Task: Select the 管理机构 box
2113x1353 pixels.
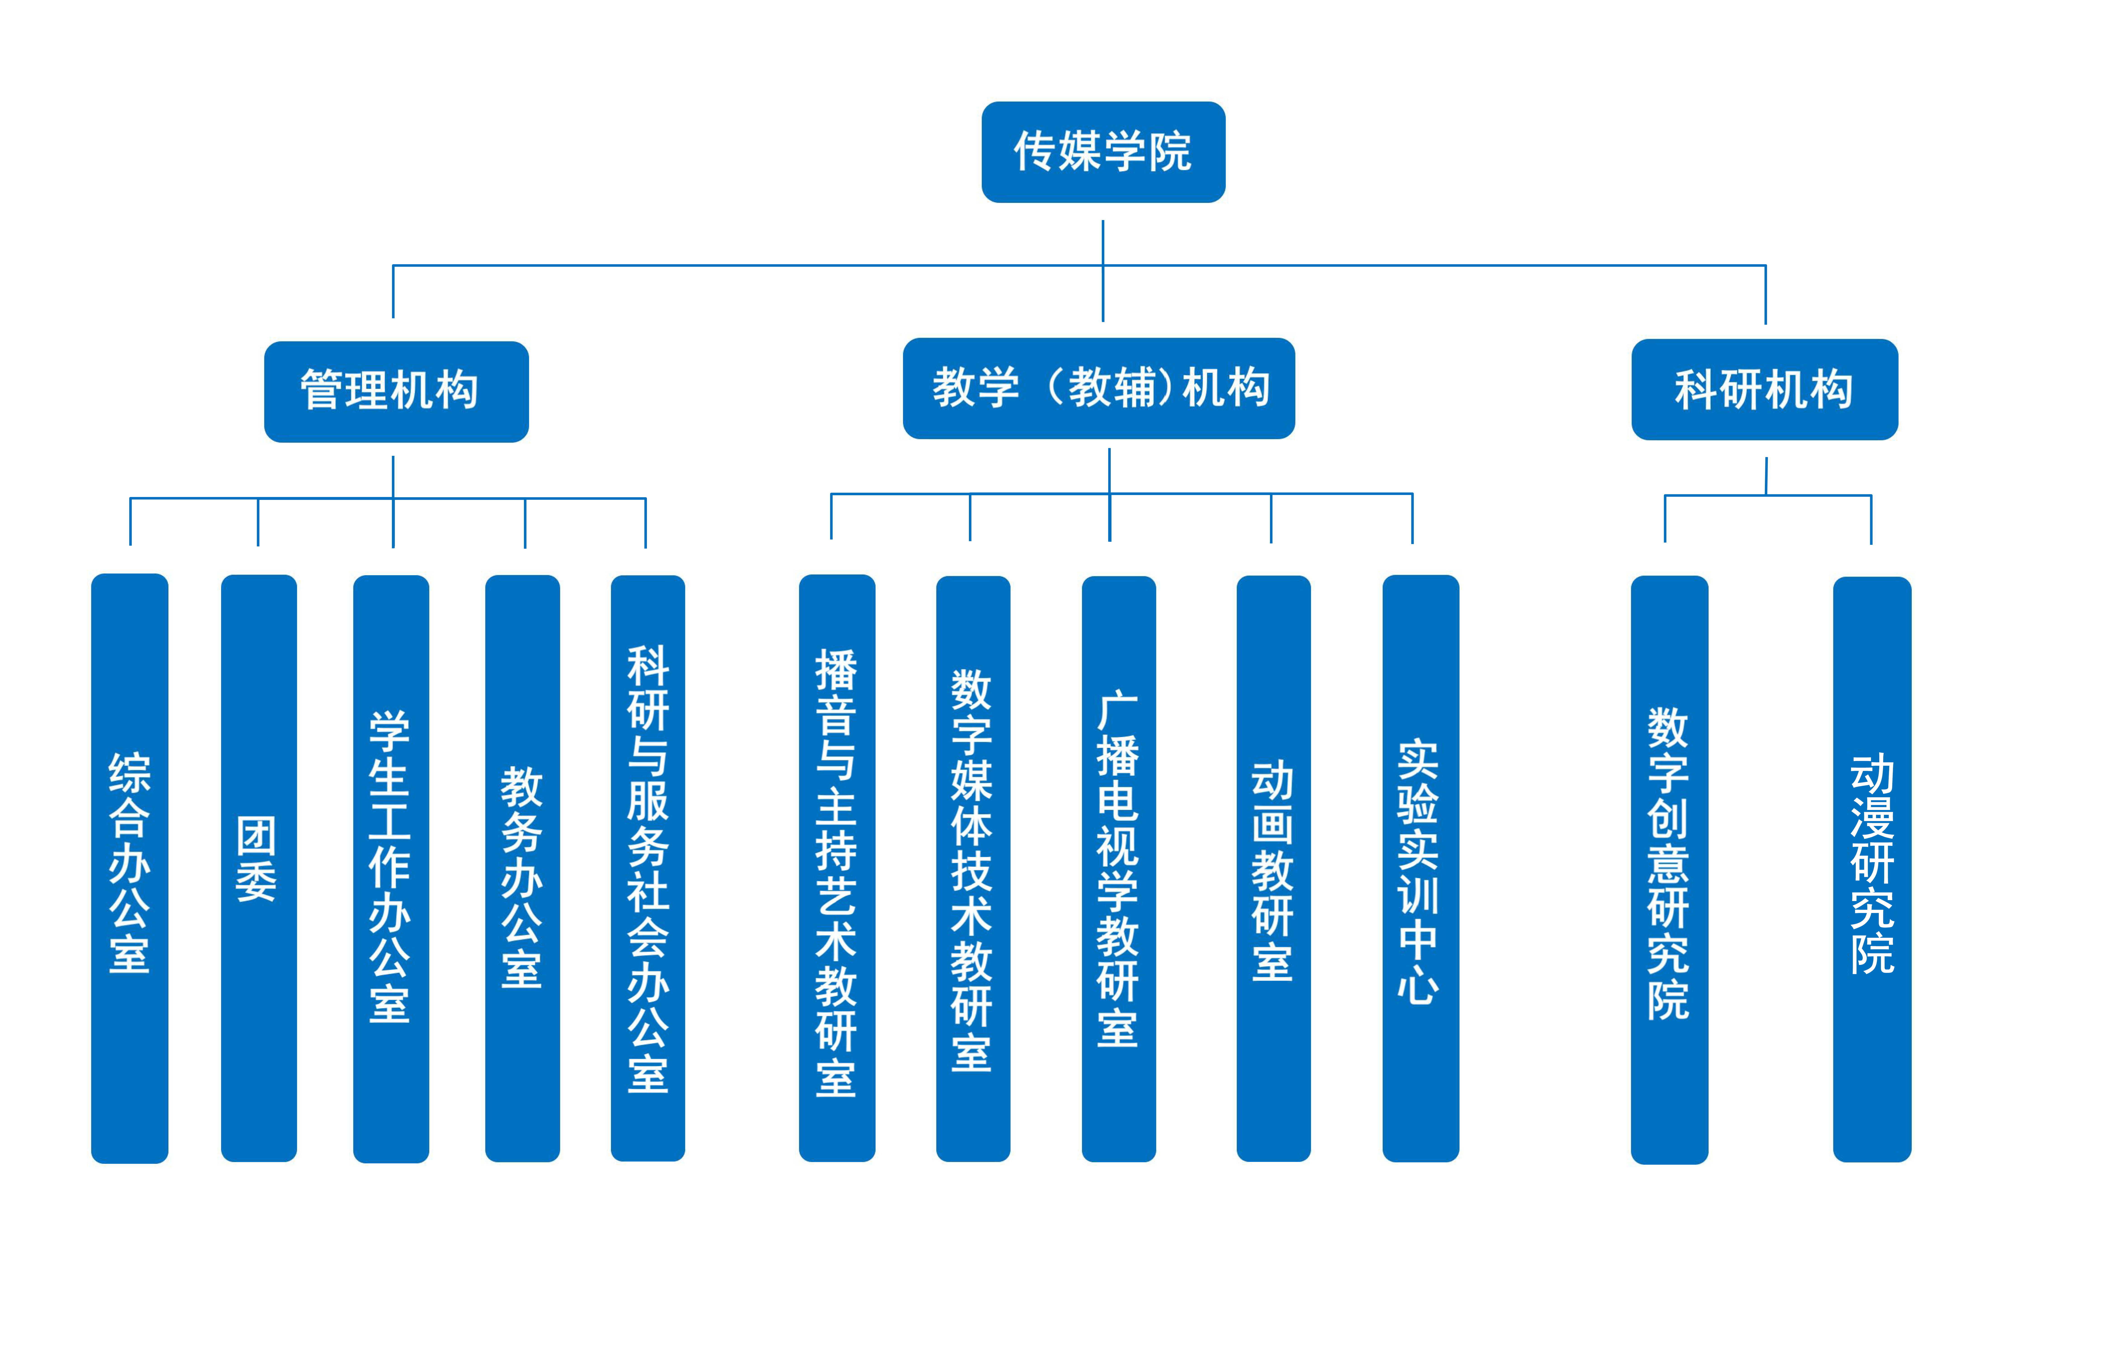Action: click(396, 392)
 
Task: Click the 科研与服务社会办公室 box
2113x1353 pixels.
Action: click(647, 868)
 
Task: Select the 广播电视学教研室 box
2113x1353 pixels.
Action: click(1118, 869)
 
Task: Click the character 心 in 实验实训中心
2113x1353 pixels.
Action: click(1418, 985)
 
